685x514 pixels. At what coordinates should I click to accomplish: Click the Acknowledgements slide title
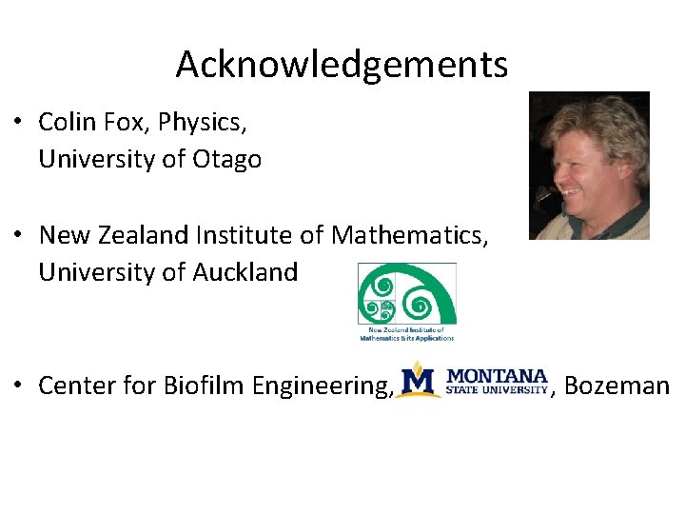pyautogui.click(x=342, y=65)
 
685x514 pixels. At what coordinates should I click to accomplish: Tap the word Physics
pyautogui.click(x=200, y=123)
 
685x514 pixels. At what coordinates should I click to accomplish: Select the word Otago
pyautogui.click(x=226, y=159)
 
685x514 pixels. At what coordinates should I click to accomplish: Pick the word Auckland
pyautogui.click(x=245, y=272)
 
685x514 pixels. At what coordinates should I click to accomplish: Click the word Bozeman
pyautogui.click(x=617, y=385)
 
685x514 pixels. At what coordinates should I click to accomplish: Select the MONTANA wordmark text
pyautogui.click(x=498, y=376)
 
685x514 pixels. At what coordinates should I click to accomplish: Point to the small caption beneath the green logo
pyautogui.click(x=406, y=333)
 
